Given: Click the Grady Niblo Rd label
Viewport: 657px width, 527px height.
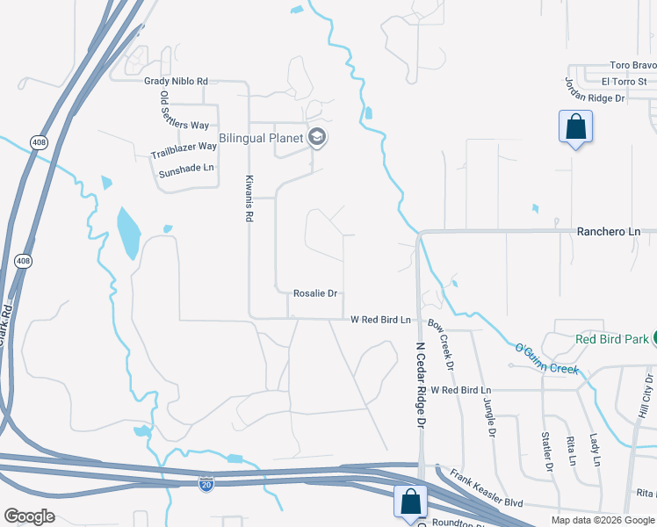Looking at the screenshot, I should pos(176,81).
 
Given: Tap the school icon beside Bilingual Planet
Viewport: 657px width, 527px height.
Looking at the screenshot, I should pos(317,137).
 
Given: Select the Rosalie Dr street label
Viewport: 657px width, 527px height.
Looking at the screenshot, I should pos(316,294).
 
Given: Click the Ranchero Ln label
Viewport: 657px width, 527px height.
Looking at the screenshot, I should pos(609,231).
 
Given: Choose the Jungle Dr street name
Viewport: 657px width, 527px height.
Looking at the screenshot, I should pos(489,417).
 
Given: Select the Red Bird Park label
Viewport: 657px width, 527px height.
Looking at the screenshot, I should pos(611,339).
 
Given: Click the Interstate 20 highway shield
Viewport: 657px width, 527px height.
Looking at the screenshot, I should pos(206,484).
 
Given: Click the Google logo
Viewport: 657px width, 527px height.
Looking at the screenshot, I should pos(29,516).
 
